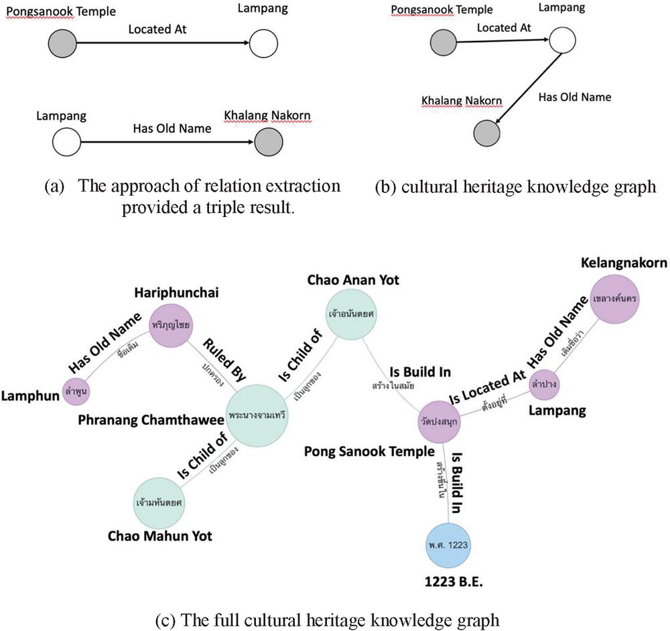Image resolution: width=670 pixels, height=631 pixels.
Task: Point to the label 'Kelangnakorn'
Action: coord(623,263)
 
